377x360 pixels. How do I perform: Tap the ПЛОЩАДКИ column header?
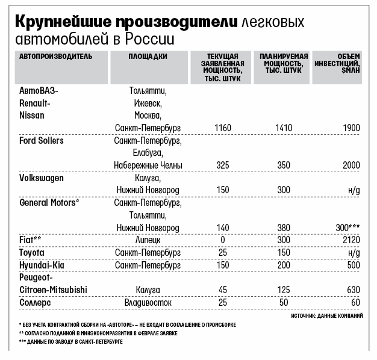pos(148,56)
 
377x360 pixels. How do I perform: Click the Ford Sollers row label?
pos(42,140)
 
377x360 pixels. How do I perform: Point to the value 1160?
pos(223,128)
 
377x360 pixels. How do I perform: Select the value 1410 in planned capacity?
pos(283,128)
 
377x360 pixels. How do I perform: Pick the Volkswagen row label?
pos(42,178)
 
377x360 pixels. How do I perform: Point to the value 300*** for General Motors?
pos(348,228)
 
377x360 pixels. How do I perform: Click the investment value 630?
pos(353,290)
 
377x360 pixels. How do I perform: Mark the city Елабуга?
pos(148,153)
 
